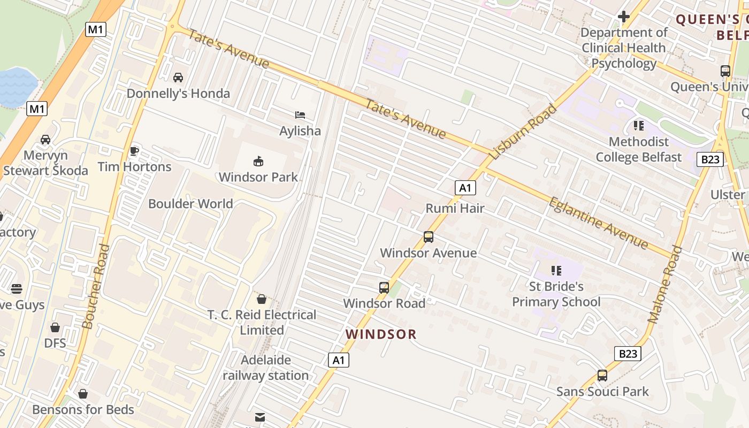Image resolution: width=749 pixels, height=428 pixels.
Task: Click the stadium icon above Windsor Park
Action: click(x=258, y=160)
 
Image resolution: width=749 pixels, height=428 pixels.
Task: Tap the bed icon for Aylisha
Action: click(x=300, y=115)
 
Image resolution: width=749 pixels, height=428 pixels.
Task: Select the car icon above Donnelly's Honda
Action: click(x=178, y=78)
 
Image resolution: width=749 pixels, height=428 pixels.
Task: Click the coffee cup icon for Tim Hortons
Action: click(x=134, y=151)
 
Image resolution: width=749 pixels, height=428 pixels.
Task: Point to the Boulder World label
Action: click(x=190, y=204)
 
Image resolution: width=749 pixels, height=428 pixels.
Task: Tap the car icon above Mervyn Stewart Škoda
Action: click(x=45, y=140)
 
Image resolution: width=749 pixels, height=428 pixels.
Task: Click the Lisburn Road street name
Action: click(x=524, y=132)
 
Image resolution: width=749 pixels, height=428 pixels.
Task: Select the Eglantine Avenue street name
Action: click(x=598, y=223)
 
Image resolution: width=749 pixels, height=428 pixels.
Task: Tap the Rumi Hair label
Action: click(x=455, y=208)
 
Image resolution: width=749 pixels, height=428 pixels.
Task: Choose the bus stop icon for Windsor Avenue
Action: click(x=428, y=236)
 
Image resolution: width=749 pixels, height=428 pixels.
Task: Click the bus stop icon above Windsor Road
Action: click(x=384, y=287)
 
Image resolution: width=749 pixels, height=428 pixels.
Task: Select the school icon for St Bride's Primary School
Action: click(x=556, y=271)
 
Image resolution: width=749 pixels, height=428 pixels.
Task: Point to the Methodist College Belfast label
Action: click(x=639, y=149)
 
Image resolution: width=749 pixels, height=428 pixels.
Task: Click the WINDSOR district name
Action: click(x=381, y=334)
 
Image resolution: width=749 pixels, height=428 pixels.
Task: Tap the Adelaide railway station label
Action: click(x=266, y=368)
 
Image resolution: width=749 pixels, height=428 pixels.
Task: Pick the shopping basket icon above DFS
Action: click(x=55, y=327)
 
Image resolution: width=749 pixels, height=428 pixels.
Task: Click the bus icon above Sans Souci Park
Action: click(x=602, y=376)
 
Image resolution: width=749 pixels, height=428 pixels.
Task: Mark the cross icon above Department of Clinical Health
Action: click(x=624, y=17)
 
